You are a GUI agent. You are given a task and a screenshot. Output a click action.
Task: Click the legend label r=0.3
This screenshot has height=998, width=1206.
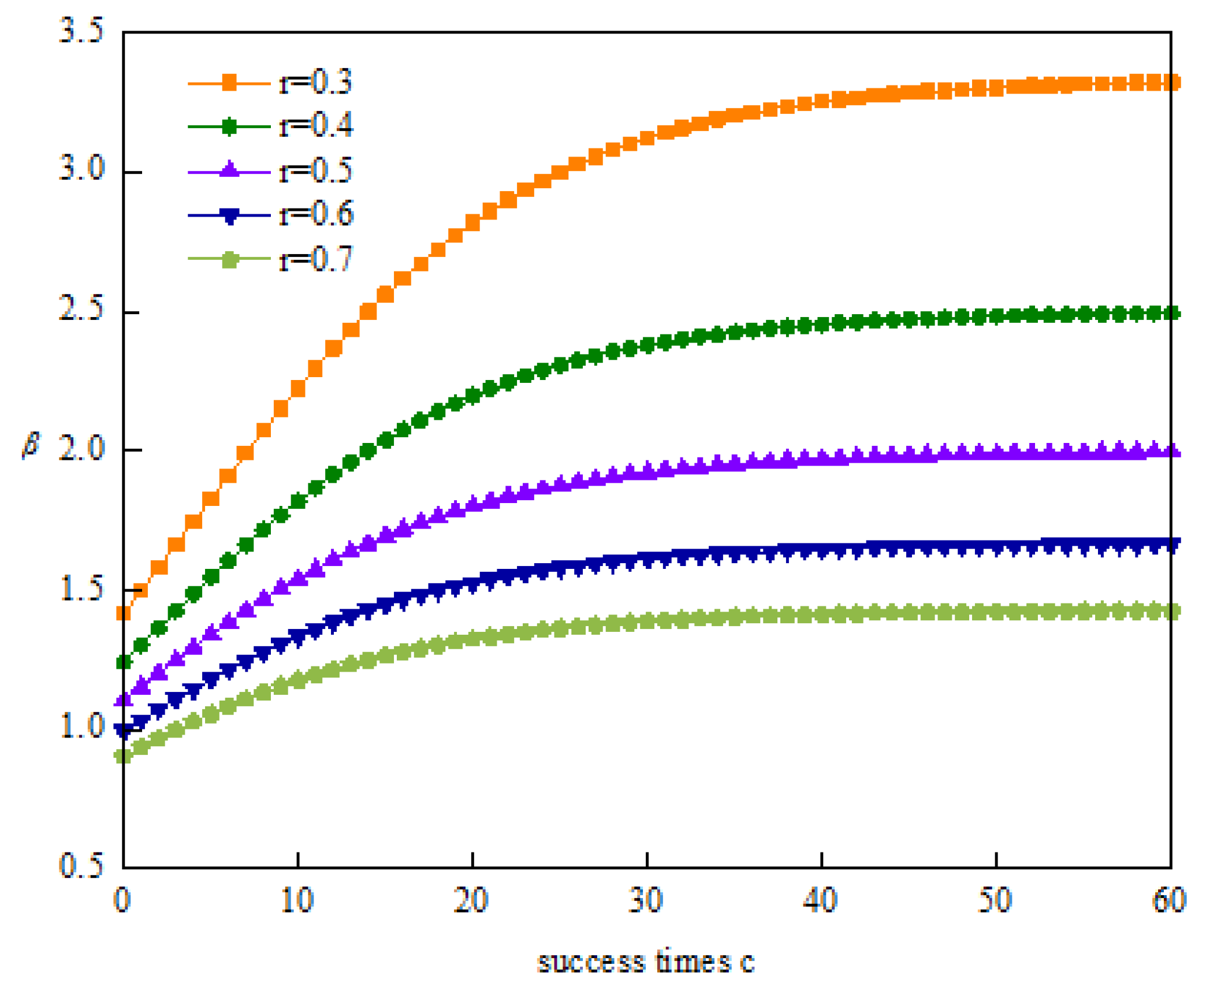[315, 82]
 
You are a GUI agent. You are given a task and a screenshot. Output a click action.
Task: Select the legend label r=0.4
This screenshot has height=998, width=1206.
[315, 125]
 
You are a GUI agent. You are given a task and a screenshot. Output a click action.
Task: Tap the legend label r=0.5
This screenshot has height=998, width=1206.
[315, 171]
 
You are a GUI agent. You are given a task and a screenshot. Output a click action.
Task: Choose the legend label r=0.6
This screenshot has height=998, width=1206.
[315, 214]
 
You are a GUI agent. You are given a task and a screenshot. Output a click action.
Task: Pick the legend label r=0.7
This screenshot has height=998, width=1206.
[315, 258]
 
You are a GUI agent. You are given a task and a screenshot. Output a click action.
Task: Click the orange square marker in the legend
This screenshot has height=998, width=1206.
[229, 83]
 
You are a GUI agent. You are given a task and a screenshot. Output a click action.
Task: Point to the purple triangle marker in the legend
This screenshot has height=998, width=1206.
[230, 169]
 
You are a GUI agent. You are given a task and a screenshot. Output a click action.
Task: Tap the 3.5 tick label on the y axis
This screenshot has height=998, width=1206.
[81, 30]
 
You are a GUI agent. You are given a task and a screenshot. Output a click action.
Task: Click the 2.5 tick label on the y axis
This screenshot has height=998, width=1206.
[81, 308]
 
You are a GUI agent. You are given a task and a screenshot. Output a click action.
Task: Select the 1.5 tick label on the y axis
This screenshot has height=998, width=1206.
[81, 588]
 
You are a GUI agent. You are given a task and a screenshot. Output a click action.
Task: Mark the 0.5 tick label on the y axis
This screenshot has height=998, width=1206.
[81, 865]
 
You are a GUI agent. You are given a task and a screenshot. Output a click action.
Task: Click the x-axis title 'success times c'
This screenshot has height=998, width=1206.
[646, 962]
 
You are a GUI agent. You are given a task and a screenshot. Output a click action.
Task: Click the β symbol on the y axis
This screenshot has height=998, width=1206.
[31, 445]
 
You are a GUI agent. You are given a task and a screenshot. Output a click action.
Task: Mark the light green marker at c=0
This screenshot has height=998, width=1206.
[123, 755]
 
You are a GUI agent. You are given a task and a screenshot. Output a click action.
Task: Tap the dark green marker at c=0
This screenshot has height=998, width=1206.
[123, 662]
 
